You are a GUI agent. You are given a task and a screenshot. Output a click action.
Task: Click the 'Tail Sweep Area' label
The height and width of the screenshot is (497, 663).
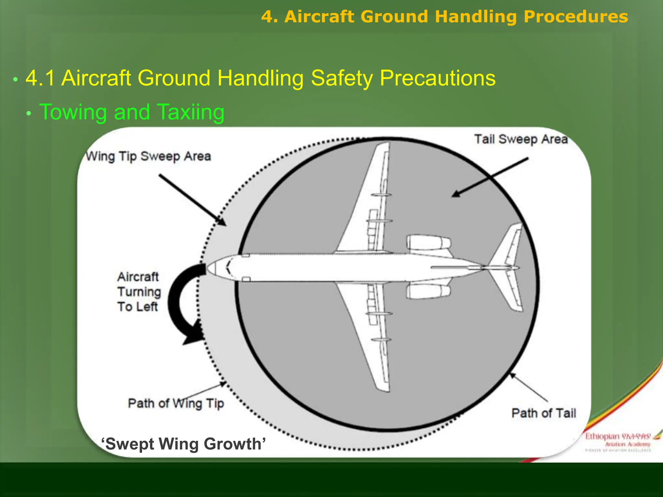click(521, 139)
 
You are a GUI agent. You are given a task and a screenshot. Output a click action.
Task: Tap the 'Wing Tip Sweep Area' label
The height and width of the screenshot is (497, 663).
click(148, 157)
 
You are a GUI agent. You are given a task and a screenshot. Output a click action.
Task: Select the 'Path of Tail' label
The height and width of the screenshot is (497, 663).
click(544, 413)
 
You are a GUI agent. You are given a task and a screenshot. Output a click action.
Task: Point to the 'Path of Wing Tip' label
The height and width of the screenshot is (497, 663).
click(176, 403)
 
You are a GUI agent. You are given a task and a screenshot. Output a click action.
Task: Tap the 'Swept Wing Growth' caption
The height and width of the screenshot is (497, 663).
click(184, 444)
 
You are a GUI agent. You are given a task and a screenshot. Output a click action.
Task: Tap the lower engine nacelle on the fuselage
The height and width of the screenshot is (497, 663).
click(428, 291)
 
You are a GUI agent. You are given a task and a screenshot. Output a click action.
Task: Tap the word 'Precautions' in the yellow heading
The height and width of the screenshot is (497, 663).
click(437, 78)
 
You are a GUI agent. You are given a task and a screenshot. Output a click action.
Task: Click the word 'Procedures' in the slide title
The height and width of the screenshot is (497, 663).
click(576, 17)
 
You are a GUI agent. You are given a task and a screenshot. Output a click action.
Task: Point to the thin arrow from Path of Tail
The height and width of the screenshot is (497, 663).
click(528, 387)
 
